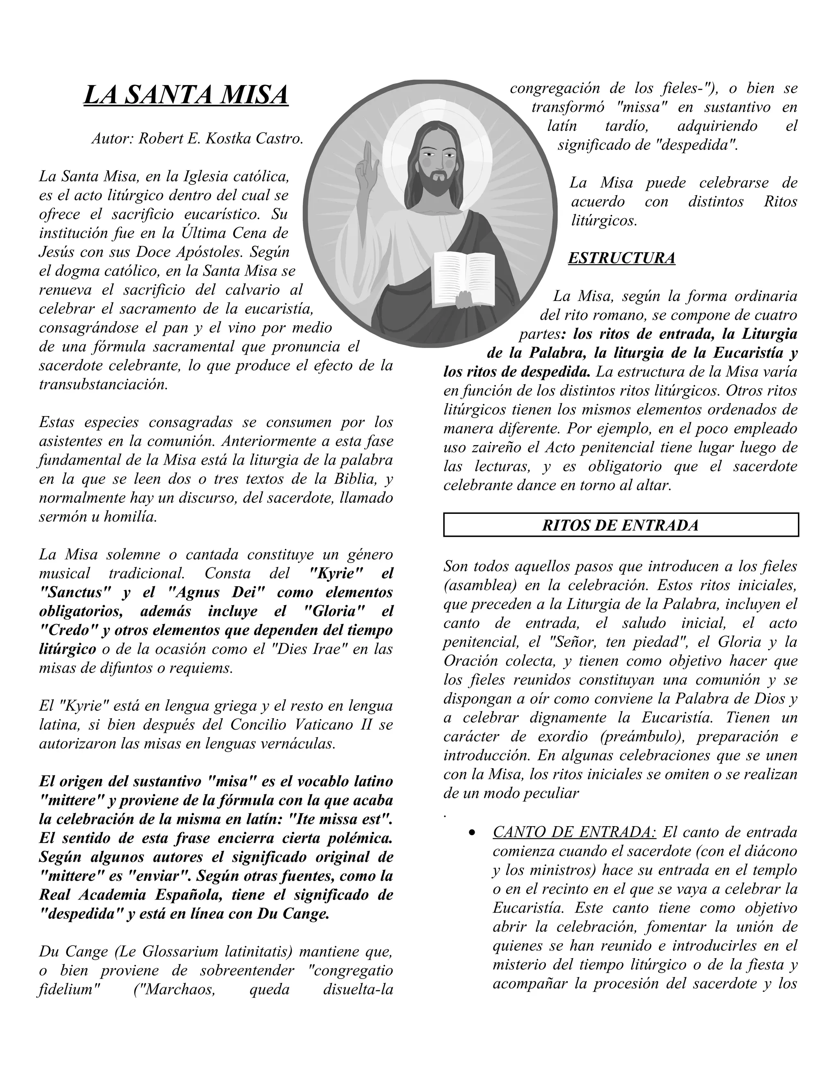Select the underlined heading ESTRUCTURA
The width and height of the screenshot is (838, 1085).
tap(621, 258)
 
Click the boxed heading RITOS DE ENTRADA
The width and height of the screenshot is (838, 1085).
tap(621, 525)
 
